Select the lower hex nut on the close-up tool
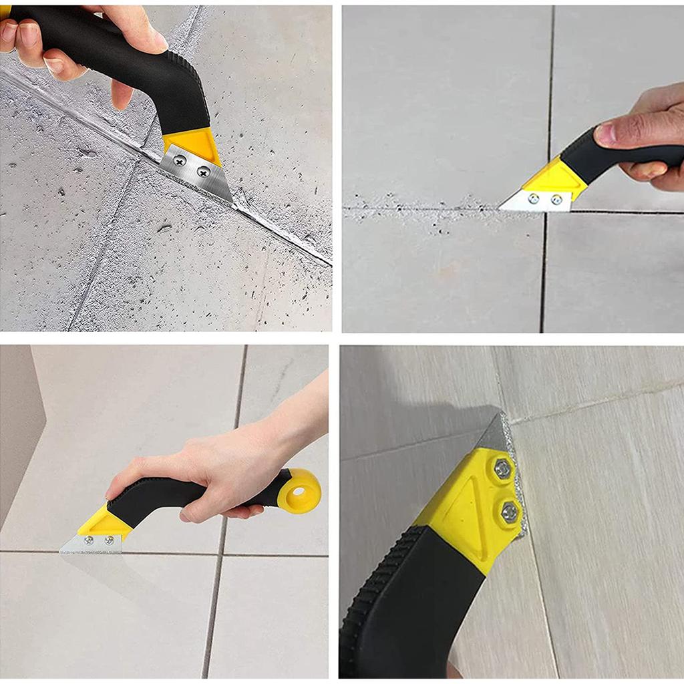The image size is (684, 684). pyautogui.click(x=509, y=512)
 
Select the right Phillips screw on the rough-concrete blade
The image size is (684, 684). pyautogui.click(x=202, y=172)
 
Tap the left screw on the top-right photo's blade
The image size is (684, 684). pyautogui.click(x=534, y=198)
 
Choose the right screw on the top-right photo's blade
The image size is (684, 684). pyautogui.click(x=556, y=199)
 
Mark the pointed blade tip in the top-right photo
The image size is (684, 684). pyautogui.click(x=502, y=208)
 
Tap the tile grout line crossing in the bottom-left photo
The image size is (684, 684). pyautogui.click(x=224, y=554)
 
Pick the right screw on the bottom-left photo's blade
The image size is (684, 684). pyautogui.click(x=109, y=538)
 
